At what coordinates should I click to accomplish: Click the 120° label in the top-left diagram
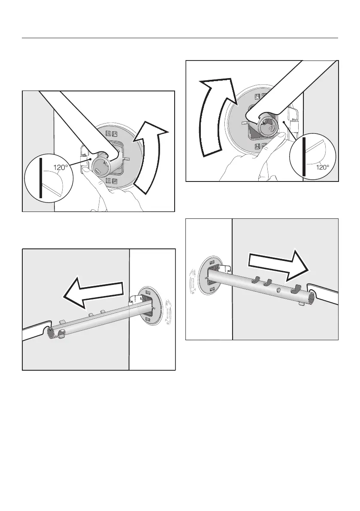click(x=61, y=167)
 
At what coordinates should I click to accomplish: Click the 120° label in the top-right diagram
click(x=323, y=167)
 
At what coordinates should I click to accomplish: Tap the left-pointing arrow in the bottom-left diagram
click(x=94, y=292)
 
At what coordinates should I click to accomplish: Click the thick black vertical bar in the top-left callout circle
click(x=41, y=178)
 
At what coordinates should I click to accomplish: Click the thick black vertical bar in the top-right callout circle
click(x=304, y=157)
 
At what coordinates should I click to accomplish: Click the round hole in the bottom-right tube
click(x=278, y=289)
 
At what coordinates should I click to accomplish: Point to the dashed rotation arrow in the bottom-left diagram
click(x=168, y=313)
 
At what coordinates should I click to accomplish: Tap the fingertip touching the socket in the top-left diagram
click(x=85, y=170)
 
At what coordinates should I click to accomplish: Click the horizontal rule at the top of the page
click(x=180, y=38)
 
